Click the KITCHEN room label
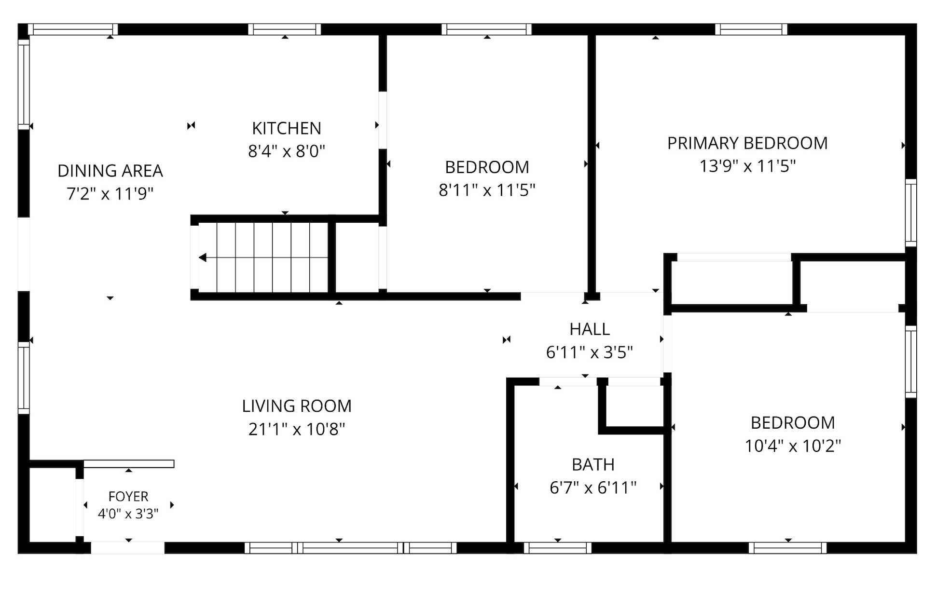[x=287, y=128]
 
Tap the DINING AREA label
[x=110, y=171]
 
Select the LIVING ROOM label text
[x=297, y=406]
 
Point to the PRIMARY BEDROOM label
[x=747, y=143]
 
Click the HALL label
[x=590, y=329]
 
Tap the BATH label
[x=593, y=465]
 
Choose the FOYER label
[x=128, y=496]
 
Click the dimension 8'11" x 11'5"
[x=487, y=190]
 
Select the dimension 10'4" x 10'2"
[x=793, y=446]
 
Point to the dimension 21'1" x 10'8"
[x=297, y=429]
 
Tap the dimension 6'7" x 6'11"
[x=593, y=488]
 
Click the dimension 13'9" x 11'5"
[x=747, y=166]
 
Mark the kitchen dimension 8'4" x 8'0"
[x=287, y=151]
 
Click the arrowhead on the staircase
[x=203, y=258]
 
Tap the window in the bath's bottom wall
[x=557, y=548]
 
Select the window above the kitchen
[x=285, y=29]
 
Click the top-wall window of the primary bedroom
[x=751, y=29]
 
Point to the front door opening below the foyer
[x=127, y=548]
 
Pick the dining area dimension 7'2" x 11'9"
[x=110, y=194]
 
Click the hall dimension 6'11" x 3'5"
[x=590, y=352]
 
